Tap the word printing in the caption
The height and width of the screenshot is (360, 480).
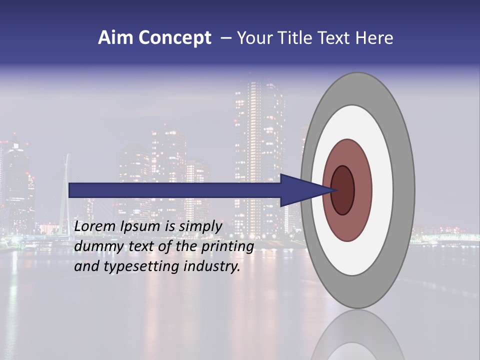click(227, 247)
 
